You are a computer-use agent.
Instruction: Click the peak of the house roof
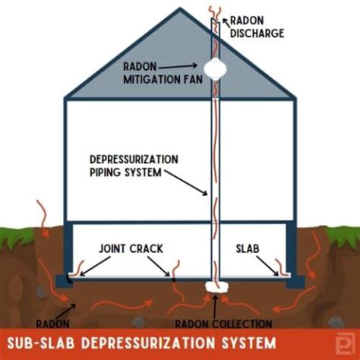point(179,10)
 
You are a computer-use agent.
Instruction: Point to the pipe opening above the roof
point(216,14)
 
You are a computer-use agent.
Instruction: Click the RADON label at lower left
point(48,321)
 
